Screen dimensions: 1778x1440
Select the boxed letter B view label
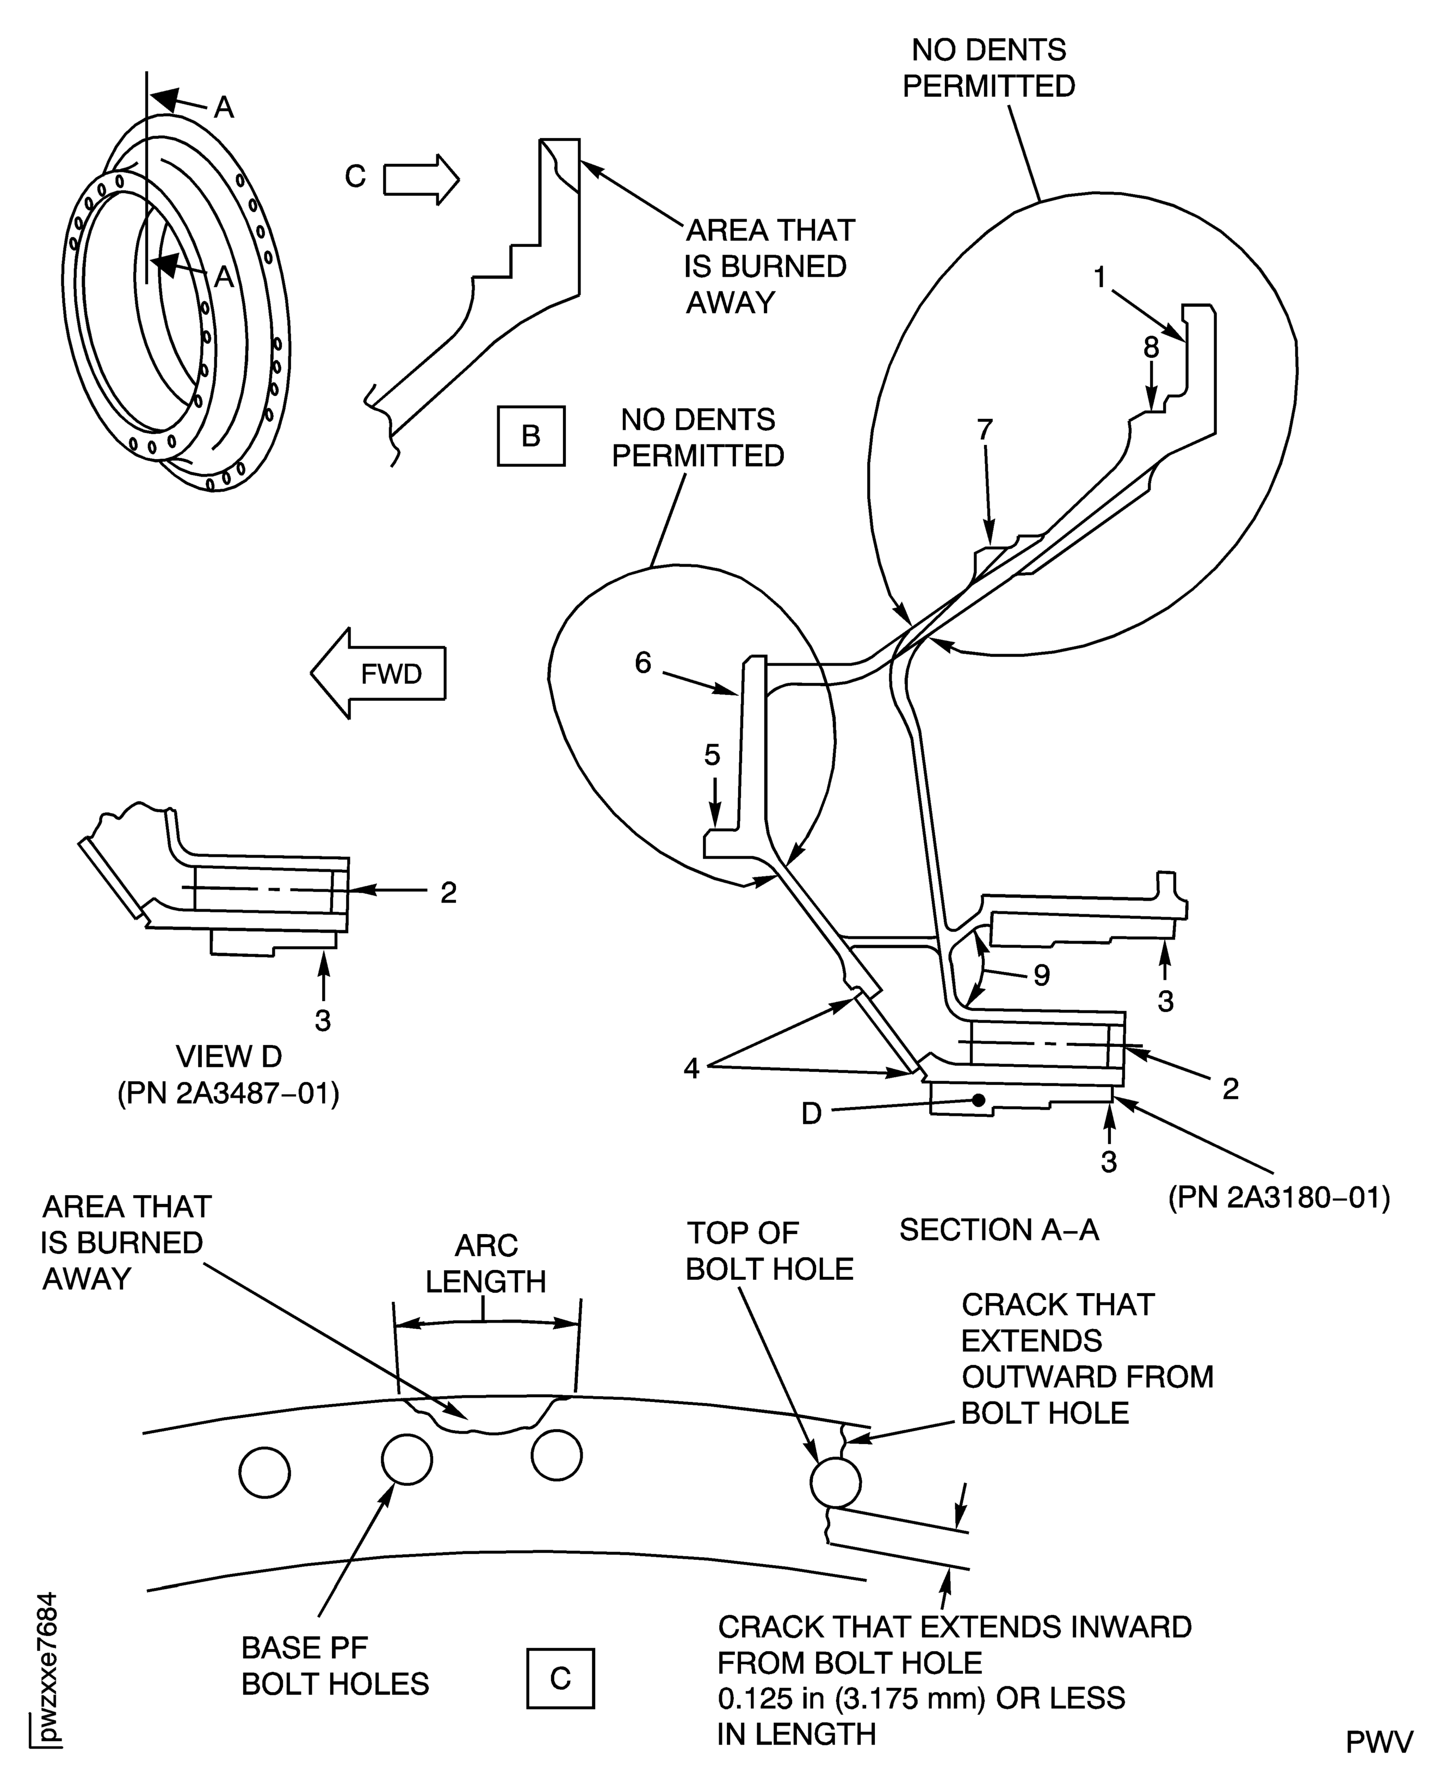click(x=531, y=436)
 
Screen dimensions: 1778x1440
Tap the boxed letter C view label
click(x=561, y=1677)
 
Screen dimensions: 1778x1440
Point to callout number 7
click(x=985, y=430)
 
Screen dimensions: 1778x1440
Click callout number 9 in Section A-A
click(x=1042, y=975)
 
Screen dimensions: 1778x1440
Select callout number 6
click(x=644, y=663)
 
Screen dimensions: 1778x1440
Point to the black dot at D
click(x=979, y=1100)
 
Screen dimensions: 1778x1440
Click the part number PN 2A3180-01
click(x=1278, y=1198)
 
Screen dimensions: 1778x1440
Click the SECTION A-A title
click(x=999, y=1230)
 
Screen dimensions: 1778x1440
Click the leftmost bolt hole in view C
click(x=264, y=1473)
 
